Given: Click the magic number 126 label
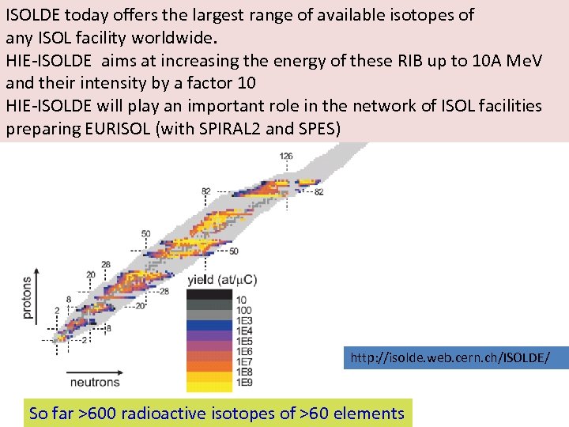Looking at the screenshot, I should tap(285, 156).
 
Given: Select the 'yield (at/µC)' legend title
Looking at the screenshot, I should tap(221, 279).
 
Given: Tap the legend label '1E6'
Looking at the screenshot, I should tap(245, 352).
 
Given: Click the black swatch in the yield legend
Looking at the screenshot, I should tap(209, 294).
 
